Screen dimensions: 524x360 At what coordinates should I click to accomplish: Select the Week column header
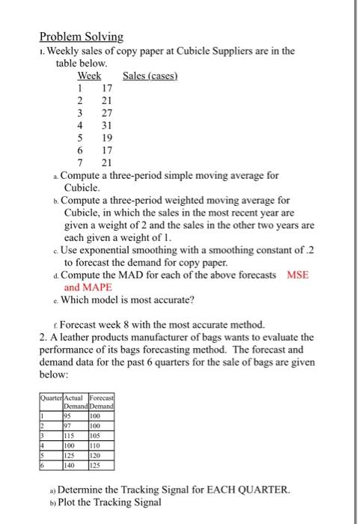coord(90,76)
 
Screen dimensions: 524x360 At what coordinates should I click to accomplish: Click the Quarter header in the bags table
coord(52,397)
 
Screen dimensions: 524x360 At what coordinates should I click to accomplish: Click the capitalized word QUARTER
coord(260,489)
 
